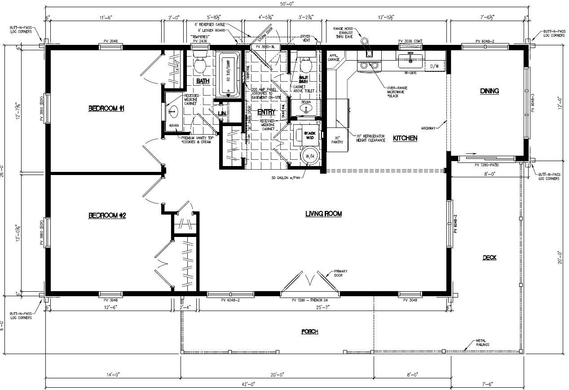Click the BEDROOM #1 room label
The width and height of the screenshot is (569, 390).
(x=106, y=109)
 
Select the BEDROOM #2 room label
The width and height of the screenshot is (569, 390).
(x=107, y=216)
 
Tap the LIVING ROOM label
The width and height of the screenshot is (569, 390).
(x=323, y=214)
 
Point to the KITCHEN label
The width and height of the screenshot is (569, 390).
(x=405, y=138)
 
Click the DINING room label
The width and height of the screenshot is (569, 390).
(x=489, y=91)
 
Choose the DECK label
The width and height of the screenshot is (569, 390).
(x=489, y=258)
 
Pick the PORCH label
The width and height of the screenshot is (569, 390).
(x=309, y=332)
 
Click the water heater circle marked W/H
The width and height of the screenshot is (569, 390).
(x=310, y=156)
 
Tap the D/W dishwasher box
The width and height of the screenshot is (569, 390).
(x=434, y=66)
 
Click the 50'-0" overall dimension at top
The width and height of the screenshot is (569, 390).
(x=286, y=4)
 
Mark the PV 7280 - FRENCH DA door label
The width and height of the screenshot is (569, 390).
(x=309, y=300)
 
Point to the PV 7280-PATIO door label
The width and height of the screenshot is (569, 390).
(x=487, y=165)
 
